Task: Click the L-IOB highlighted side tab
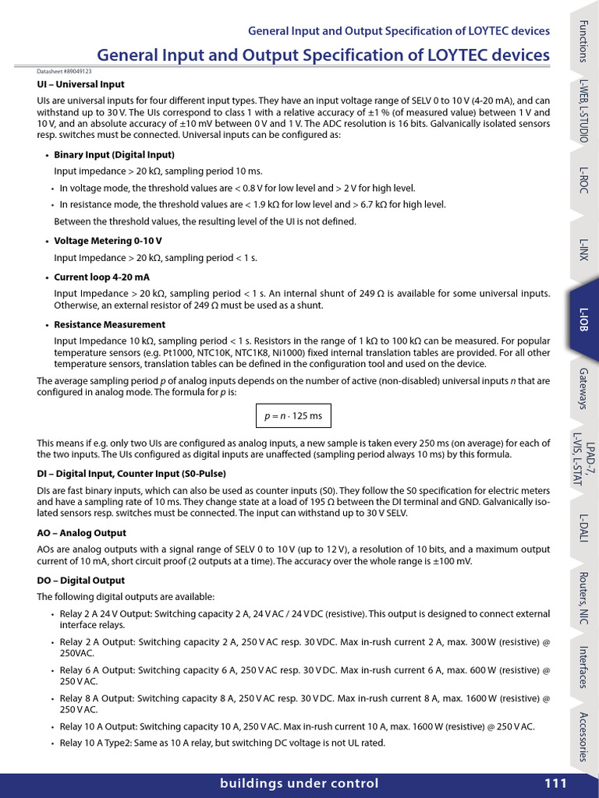tap(583, 319)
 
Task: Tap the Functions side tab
tap(583, 42)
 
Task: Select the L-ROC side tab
tap(583, 180)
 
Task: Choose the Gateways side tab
tap(583, 387)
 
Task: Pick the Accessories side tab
tap(583, 736)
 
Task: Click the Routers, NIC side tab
tap(583, 598)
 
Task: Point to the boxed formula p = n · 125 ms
tap(293, 415)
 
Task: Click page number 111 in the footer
tap(555, 784)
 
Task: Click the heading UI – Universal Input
tap(80, 84)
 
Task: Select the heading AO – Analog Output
tap(81, 533)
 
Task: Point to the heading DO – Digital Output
tap(80, 581)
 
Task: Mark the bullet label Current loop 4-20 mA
tap(101, 277)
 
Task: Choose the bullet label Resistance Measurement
tap(109, 324)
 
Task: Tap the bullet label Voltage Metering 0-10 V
tap(108, 241)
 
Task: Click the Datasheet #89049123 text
tap(64, 71)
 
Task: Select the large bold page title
tap(323, 55)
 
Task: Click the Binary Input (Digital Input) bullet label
tap(114, 154)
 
